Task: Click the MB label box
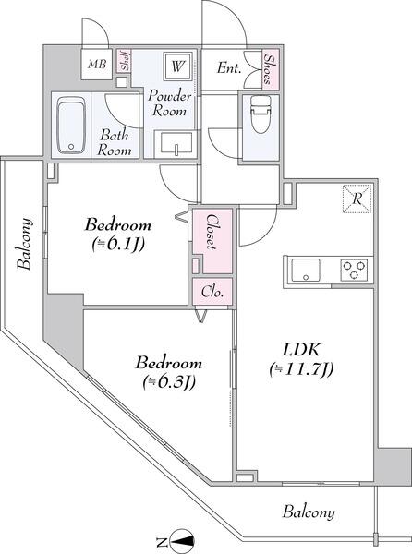pyautogui.click(x=96, y=64)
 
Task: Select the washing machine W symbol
pyautogui.click(x=176, y=66)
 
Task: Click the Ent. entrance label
pyautogui.click(x=229, y=66)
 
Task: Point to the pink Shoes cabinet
pyautogui.click(x=273, y=67)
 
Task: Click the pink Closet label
pyautogui.click(x=212, y=234)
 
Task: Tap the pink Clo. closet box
pyautogui.click(x=212, y=293)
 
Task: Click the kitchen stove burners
pyautogui.click(x=354, y=271)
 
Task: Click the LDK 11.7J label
pyautogui.click(x=301, y=360)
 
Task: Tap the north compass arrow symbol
pyautogui.click(x=184, y=541)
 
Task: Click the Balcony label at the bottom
pyautogui.click(x=309, y=512)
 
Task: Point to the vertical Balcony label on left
pyautogui.click(x=25, y=244)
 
